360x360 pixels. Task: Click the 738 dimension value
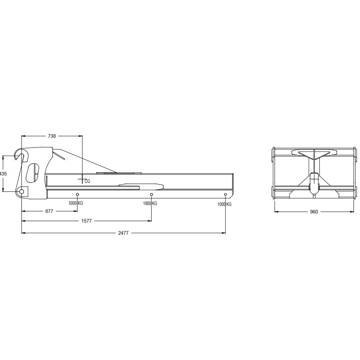pyautogui.click(x=51, y=136)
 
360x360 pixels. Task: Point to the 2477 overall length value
pyautogui.click(x=123, y=232)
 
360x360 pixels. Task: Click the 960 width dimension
pyautogui.click(x=314, y=212)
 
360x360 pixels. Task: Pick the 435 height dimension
pyautogui.click(x=3, y=173)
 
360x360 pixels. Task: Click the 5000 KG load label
pyautogui.click(x=76, y=203)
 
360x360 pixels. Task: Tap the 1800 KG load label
pyautogui.click(x=150, y=204)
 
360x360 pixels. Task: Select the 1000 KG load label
pyautogui.click(x=224, y=205)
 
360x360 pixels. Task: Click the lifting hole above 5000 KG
pyautogui.click(x=77, y=195)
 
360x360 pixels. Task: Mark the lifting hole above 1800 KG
pyautogui.click(x=151, y=195)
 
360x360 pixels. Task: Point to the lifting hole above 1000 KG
pyautogui.click(x=225, y=195)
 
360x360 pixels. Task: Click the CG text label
pyautogui.click(x=87, y=181)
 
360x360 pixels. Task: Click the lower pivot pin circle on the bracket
pyautogui.click(x=22, y=191)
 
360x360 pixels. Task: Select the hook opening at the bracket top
pyautogui.click(x=21, y=156)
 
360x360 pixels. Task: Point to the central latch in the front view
pyautogui.click(x=314, y=182)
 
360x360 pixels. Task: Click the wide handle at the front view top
pyautogui.click(x=314, y=152)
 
